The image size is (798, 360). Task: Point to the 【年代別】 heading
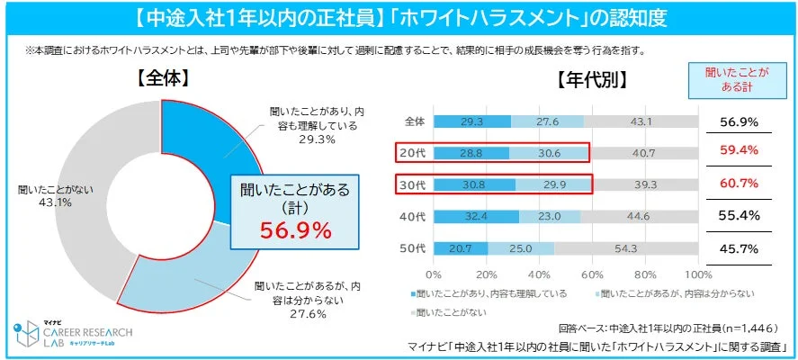[591, 79]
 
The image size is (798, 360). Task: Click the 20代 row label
[414, 154]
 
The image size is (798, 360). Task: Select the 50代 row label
[414, 248]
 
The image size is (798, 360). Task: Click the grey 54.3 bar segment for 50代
[626, 248]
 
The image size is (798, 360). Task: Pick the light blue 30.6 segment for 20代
[550, 154]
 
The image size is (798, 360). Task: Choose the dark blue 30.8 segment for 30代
[473, 185]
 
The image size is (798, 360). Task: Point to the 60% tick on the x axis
[592, 274]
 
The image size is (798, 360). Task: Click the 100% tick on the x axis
[697, 274]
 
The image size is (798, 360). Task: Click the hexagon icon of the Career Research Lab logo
[24, 332]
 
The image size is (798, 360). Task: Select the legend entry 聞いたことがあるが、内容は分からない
[670, 293]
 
